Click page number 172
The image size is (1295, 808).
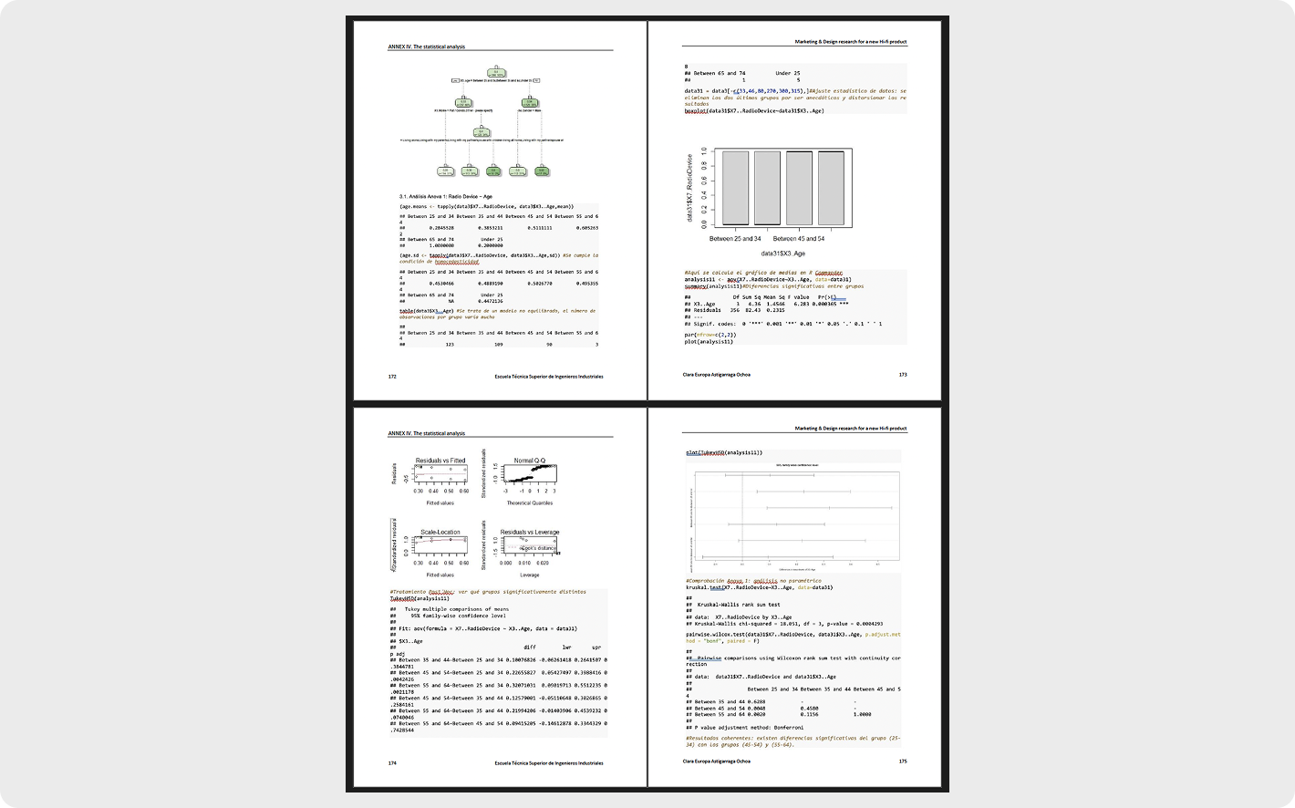(x=392, y=376)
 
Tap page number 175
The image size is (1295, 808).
(x=902, y=761)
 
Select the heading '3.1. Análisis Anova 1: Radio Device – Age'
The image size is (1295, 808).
(x=445, y=196)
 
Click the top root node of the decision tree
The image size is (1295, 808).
(x=495, y=71)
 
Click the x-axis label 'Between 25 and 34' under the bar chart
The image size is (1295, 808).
(x=734, y=239)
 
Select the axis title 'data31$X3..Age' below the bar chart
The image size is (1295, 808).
(x=782, y=254)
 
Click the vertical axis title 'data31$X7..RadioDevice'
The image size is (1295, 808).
(x=689, y=188)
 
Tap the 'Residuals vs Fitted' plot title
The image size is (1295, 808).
(x=440, y=461)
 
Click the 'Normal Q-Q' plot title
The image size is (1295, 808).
(x=529, y=461)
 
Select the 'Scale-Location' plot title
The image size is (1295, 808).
(x=440, y=532)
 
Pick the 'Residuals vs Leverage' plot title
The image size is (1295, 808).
(x=529, y=532)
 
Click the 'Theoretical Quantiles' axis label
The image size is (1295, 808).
(x=529, y=502)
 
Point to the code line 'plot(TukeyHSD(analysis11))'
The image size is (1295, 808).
(x=723, y=452)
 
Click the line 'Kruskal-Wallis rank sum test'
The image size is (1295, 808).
(x=739, y=605)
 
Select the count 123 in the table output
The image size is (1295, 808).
(x=449, y=345)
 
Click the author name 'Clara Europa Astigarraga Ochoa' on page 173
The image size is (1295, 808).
(x=716, y=375)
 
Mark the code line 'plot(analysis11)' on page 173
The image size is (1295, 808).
(x=709, y=341)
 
